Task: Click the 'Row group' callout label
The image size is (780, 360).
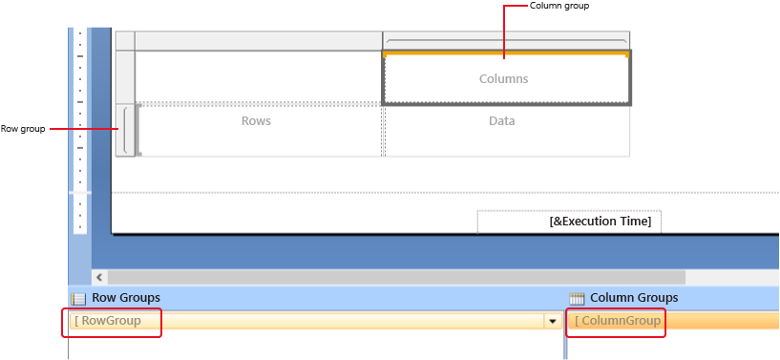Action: [22, 129]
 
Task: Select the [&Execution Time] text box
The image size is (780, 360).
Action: [569, 222]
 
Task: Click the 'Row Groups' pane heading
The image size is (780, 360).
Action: [126, 297]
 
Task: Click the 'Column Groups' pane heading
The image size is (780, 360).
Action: [634, 297]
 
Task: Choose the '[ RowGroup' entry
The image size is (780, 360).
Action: [108, 321]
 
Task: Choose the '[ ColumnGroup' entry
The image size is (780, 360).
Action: [618, 321]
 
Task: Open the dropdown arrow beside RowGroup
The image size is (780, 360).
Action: [552, 321]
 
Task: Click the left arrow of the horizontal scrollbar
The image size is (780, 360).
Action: [99, 277]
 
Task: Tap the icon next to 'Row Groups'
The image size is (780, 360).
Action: [78, 298]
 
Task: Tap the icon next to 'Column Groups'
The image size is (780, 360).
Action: [577, 298]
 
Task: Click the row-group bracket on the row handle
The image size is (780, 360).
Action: [125, 130]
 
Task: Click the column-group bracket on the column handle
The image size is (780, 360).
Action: [506, 41]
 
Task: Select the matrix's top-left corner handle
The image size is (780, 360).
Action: [125, 40]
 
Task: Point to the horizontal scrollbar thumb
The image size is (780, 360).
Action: [396, 277]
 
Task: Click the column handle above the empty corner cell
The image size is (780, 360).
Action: [259, 40]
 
